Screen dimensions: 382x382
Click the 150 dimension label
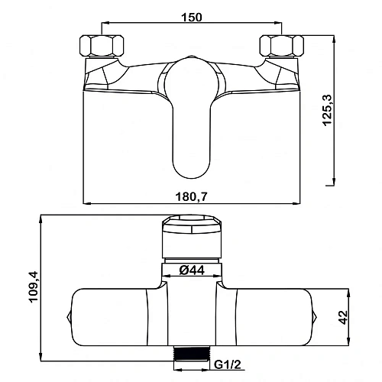(x=191, y=17)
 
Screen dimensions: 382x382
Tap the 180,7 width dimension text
(x=192, y=196)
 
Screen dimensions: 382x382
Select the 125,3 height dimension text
(x=328, y=110)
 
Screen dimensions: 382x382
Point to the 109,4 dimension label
(x=34, y=286)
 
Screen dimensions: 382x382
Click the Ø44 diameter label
(x=192, y=270)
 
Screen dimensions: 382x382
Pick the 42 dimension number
(x=344, y=317)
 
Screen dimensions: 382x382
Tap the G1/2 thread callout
(x=228, y=364)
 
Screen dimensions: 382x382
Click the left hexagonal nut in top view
(x=102, y=46)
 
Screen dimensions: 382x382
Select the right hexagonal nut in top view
(x=281, y=46)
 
